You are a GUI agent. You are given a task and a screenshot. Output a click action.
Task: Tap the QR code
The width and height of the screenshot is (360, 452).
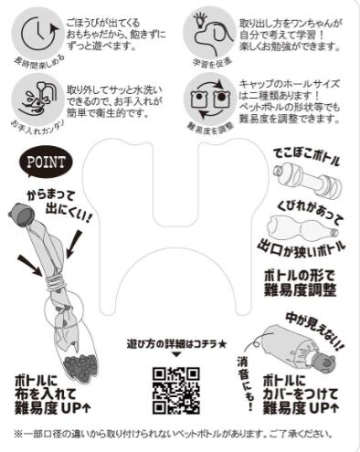click(x=175, y=391)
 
